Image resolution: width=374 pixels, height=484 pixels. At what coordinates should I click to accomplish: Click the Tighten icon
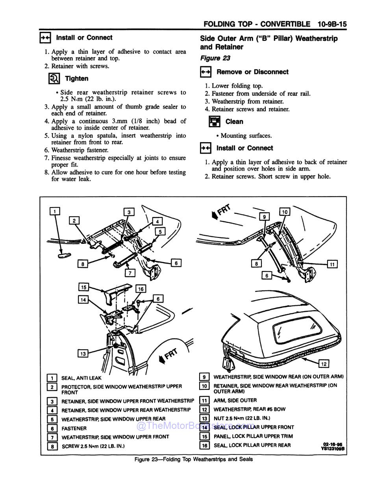point(54,78)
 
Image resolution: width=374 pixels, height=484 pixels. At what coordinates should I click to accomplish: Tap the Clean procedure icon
point(215,121)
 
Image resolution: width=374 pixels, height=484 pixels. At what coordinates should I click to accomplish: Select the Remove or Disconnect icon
point(206,72)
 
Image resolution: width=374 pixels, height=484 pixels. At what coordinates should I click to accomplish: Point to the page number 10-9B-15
point(331,24)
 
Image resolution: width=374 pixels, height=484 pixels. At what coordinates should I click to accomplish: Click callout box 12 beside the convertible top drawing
point(323,363)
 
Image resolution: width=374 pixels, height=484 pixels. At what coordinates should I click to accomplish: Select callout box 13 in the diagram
point(83,354)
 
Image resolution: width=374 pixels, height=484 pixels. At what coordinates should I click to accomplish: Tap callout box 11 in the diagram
point(332,264)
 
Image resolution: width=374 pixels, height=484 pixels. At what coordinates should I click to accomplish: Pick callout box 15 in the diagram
point(83,287)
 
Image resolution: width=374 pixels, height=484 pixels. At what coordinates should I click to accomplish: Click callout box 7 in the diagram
point(130,273)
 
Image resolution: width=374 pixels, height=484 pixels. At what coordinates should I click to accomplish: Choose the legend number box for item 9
point(204,377)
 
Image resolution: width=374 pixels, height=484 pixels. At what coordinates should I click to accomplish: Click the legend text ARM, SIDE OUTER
point(235,400)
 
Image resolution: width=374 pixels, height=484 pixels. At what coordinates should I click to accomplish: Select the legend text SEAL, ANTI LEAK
point(81,378)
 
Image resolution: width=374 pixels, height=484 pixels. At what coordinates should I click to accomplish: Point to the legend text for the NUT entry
point(242,418)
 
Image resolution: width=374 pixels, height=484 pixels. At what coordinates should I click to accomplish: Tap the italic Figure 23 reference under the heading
point(215,58)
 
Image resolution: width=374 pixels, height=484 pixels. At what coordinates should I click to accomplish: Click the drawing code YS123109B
point(333,448)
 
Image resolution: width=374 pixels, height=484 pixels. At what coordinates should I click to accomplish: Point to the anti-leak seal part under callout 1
point(63,255)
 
